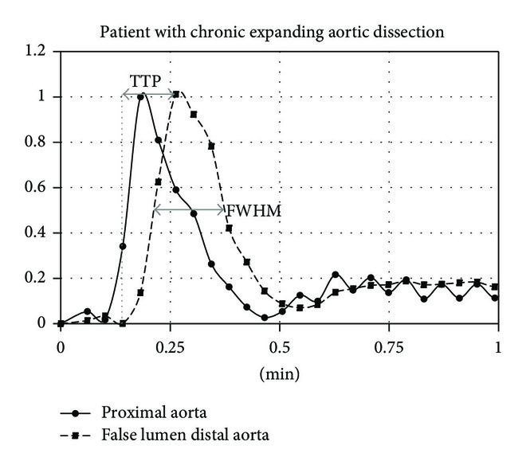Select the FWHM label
254,211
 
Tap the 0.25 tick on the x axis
169,347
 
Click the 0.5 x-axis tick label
279,347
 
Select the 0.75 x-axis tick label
389,347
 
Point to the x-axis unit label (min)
279,373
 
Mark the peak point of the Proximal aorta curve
141,97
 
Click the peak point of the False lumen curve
176,94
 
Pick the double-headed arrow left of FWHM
189,210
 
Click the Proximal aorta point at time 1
495,298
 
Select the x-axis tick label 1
498,347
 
